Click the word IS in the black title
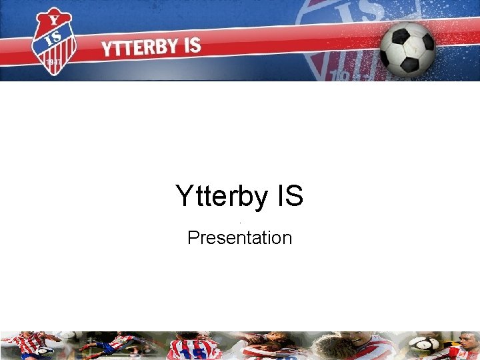point(287,197)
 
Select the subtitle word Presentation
point(240,237)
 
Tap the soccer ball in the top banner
point(407,47)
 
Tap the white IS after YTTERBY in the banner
point(191,45)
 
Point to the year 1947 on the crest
point(51,62)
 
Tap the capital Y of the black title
point(184,197)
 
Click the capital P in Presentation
point(193,237)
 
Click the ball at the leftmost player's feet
point(45,351)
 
